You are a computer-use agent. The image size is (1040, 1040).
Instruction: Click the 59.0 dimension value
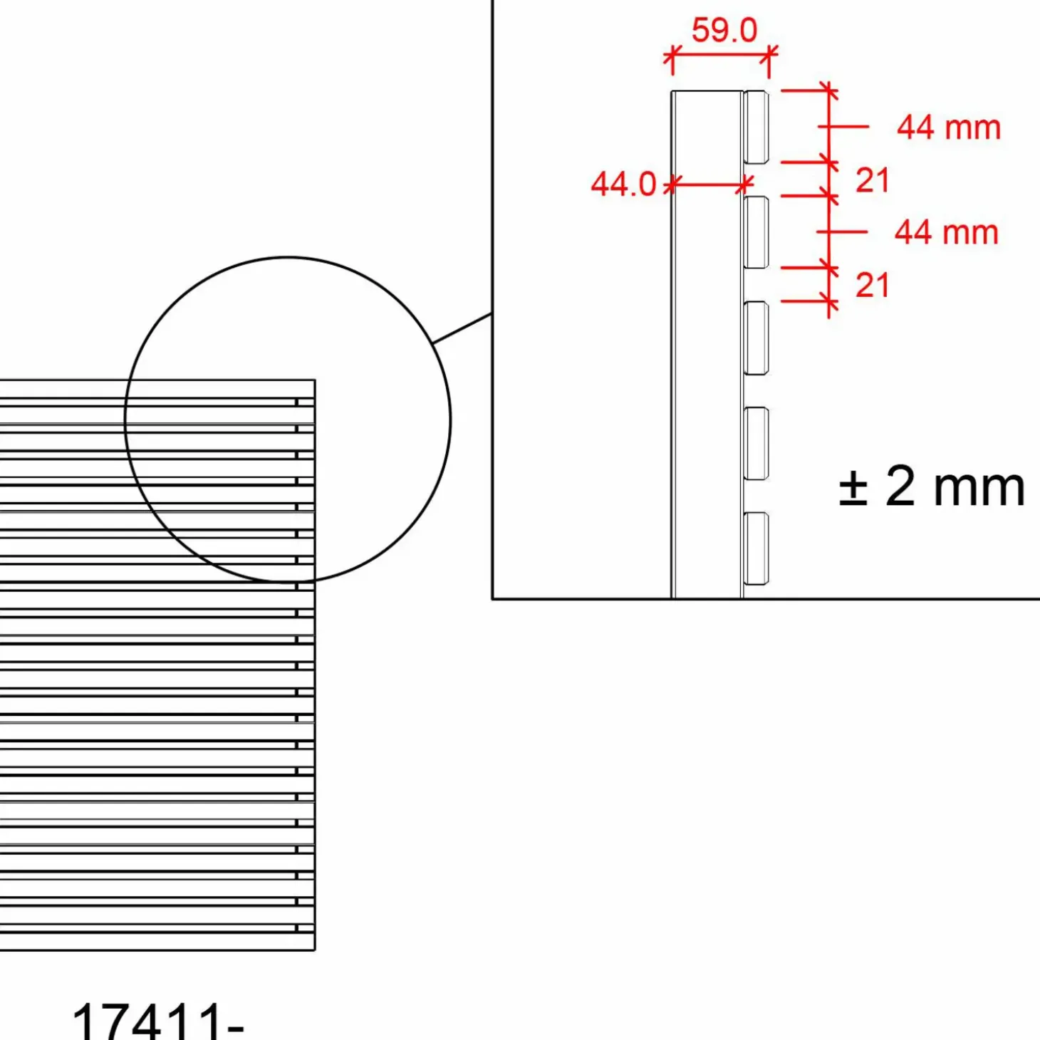724,30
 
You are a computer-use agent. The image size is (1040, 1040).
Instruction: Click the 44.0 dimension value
623,184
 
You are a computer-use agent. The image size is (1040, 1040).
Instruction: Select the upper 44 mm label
949,128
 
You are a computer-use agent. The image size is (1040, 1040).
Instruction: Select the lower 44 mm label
947,233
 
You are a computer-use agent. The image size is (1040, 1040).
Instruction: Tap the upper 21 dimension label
872,180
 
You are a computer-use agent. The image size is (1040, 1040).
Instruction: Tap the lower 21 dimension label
872,285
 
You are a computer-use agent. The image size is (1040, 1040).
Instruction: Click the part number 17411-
157,1021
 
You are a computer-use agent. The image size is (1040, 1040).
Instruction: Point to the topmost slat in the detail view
756,127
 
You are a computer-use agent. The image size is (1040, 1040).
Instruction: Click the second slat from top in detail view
756,232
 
